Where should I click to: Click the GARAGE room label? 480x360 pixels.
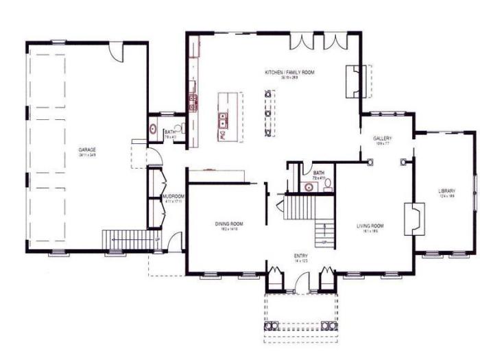[x=86, y=149]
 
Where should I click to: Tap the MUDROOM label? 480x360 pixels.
[x=173, y=196]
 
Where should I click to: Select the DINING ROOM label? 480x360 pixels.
[x=227, y=224]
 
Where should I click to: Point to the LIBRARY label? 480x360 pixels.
[x=447, y=191]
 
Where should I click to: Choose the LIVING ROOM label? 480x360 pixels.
[x=370, y=226]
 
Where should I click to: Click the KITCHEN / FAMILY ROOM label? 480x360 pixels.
[x=289, y=72]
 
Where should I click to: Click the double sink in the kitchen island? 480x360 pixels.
[x=224, y=121]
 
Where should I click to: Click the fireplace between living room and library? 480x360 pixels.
[x=413, y=219]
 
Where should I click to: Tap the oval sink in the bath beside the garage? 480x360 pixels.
[x=153, y=129]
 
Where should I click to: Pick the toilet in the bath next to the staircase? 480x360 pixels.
[x=327, y=183]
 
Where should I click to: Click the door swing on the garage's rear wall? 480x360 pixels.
[x=117, y=50]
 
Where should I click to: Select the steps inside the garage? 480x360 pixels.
[x=130, y=239]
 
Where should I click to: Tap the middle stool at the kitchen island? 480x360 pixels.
[x=269, y=113]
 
